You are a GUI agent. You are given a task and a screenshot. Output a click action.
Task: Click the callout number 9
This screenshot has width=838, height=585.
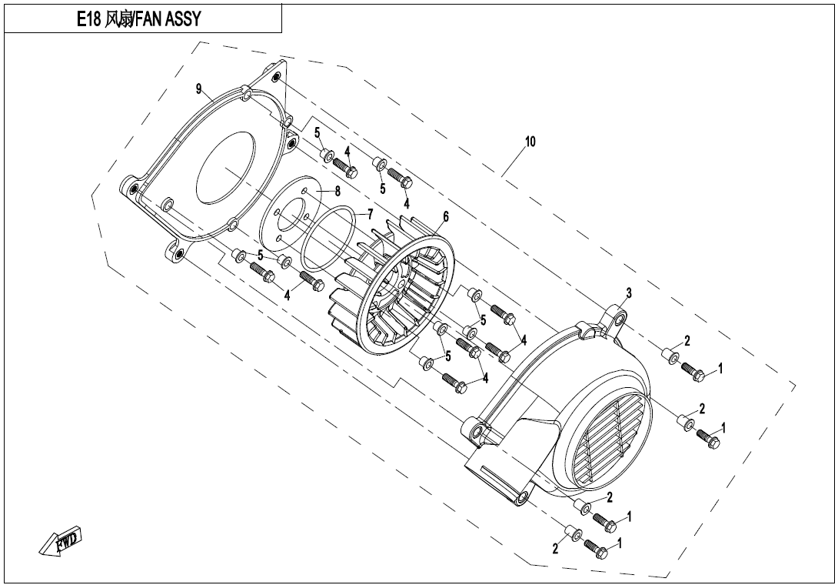198,89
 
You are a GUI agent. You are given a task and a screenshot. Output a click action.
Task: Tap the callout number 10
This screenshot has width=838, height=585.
530,142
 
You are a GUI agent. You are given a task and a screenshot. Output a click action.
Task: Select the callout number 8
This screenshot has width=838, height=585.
338,191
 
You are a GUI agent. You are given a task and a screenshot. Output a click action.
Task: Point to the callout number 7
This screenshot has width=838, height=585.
369,212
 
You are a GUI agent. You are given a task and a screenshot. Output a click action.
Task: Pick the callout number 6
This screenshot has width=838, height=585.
446,219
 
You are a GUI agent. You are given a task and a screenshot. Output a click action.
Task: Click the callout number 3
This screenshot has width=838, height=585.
628,292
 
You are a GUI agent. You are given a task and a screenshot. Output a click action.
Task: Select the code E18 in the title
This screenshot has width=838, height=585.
89,18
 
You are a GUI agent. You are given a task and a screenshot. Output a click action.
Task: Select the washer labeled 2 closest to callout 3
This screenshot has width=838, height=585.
670,355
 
